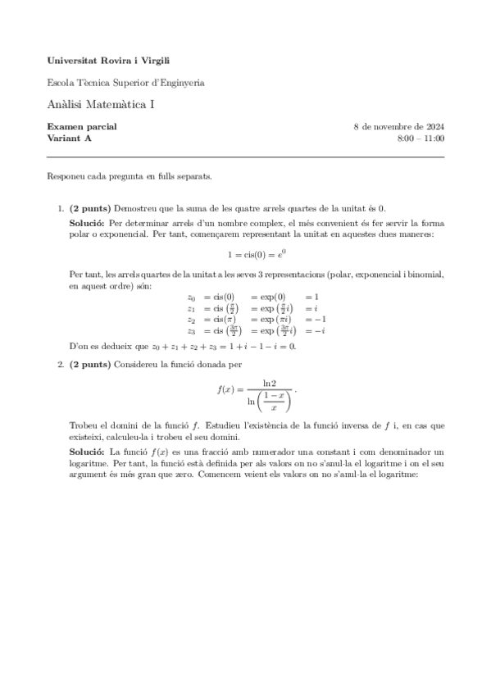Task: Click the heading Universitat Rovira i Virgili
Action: (109, 61)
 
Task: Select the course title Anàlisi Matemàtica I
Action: (100, 104)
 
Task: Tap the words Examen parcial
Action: (82, 127)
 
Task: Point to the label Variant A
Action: (70, 139)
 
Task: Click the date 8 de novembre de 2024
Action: (398, 127)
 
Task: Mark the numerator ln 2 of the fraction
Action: (269, 383)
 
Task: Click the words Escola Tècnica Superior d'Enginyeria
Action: (126, 83)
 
